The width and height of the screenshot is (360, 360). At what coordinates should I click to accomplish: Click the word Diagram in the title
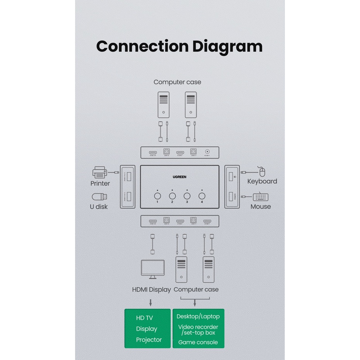click(x=227, y=46)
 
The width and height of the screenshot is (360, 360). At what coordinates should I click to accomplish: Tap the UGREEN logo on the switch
click(x=180, y=177)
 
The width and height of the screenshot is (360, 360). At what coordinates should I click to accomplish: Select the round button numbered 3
click(x=187, y=196)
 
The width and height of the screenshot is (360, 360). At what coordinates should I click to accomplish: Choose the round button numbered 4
click(x=202, y=196)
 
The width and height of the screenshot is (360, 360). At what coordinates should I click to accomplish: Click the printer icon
click(x=100, y=172)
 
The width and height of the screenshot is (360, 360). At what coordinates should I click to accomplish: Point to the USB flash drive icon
click(x=99, y=197)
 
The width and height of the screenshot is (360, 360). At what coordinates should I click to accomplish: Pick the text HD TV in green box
click(x=144, y=318)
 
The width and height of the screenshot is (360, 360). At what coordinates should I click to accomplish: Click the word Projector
click(x=149, y=340)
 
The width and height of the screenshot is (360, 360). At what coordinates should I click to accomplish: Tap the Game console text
click(x=198, y=342)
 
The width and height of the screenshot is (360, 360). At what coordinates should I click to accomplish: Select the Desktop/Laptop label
click(x=198, y=317)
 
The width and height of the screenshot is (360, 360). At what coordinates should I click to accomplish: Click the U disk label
click(x=99, y=207)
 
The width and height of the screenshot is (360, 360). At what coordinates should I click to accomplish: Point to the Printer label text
click(x=100, y=183)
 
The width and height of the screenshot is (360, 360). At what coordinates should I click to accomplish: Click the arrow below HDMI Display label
click(x=151, y=302)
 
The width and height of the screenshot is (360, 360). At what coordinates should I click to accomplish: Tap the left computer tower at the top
click(x=163, y=105)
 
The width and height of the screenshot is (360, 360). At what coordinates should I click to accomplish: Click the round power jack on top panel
click(x=207, y=152)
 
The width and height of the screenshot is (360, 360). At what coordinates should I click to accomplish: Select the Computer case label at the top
click(x=177, y=82)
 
